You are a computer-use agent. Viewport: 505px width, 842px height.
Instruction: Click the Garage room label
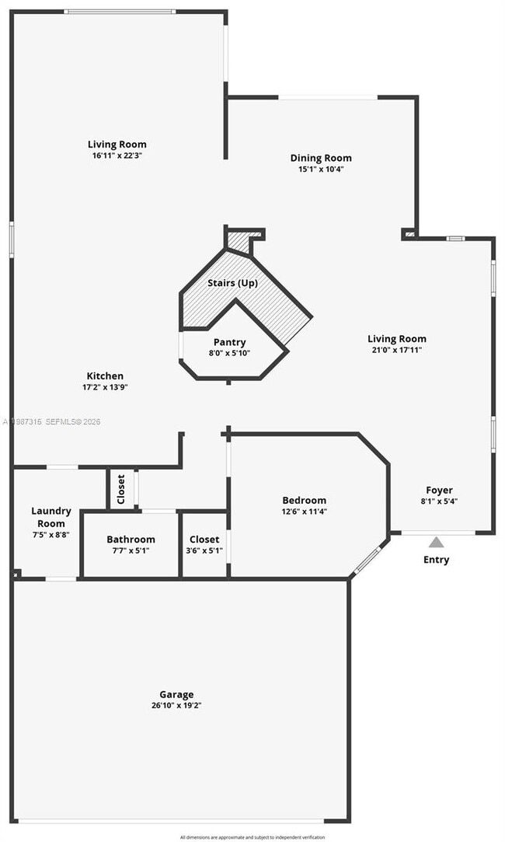[176, 694]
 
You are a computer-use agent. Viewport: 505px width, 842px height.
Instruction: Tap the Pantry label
[229, 342]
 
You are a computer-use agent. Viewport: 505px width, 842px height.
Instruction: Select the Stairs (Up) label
[232, 283]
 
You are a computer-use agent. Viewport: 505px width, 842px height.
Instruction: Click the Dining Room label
[321, 158]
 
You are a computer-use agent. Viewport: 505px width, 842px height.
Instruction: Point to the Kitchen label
[105, 376]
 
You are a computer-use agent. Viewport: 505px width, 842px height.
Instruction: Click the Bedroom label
[304, 500]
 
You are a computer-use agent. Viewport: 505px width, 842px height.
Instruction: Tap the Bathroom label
[131, 539]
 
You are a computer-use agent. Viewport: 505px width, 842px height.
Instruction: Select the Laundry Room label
[51, 517]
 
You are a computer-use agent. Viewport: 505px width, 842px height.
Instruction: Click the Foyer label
[439, 490]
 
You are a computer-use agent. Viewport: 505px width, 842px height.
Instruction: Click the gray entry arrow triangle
[437, 542]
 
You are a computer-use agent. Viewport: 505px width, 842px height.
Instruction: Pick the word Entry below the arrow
[436, 560]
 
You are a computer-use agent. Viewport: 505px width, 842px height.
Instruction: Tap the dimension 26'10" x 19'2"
[176, 706]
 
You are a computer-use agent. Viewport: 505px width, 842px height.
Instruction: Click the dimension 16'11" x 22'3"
[117, 155]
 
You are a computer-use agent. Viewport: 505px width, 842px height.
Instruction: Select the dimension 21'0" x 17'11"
[397, 350]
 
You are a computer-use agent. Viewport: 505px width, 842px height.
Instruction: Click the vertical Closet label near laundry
[121, 489]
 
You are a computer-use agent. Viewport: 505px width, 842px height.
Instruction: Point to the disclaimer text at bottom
[252, 837]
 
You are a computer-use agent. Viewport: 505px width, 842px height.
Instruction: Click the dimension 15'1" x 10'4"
[321, 169]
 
